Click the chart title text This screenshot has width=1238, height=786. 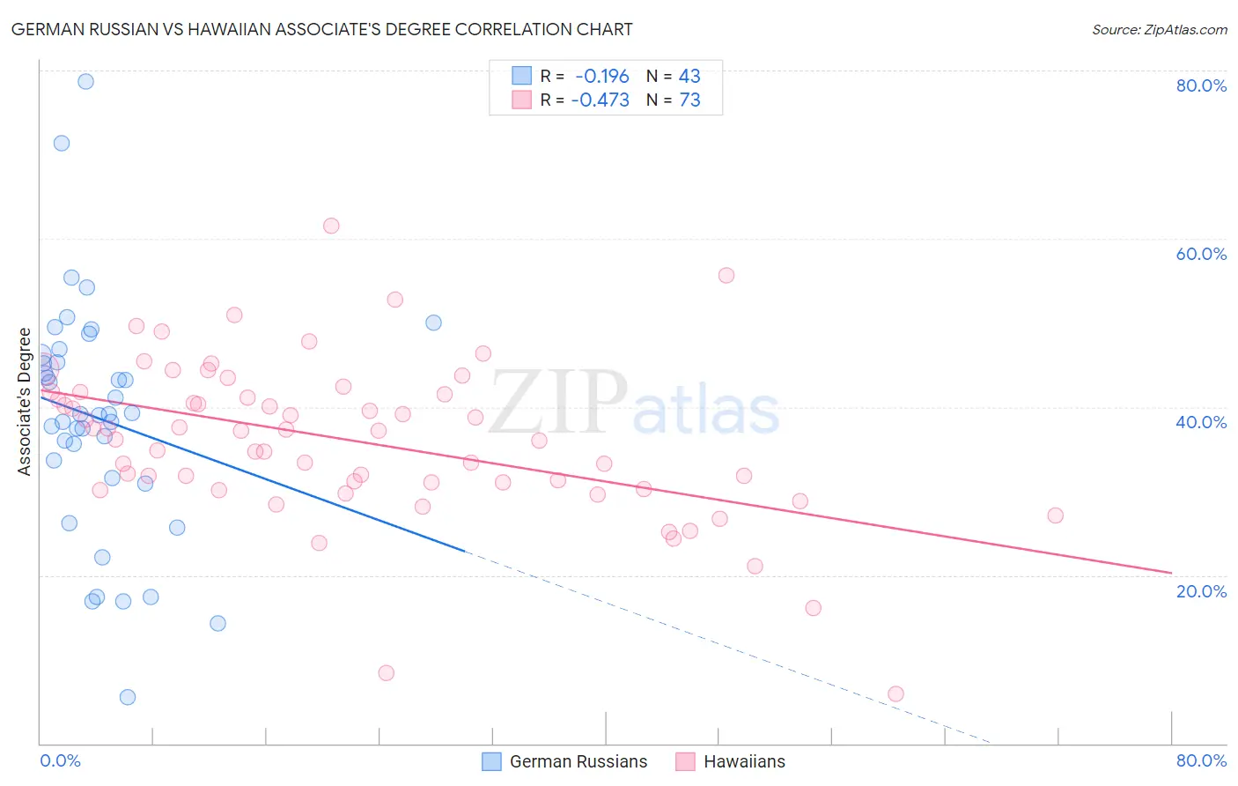tap(321, 29)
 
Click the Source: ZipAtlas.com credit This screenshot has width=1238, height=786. tap(1159, 29)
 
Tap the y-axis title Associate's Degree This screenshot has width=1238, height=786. tap(25, 401)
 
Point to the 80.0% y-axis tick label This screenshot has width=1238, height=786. tap(1201, 85)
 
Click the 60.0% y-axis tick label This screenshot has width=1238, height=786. tap(1201, 254)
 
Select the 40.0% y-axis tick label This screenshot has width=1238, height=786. tap(1201, 422)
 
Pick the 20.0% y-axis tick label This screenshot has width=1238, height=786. tap(1201, 591)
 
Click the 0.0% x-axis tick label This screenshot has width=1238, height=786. tap(60, 760)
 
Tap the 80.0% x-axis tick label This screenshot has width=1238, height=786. tap(1201, 760)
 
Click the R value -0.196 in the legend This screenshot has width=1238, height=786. tap(602, 77)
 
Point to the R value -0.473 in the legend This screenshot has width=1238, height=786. tap(601, 100)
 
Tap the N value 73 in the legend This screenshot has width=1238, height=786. tap(689, 100)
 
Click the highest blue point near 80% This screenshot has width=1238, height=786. tap(85, 81)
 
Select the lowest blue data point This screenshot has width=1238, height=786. tap(128, 697)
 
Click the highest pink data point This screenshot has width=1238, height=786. tap(331, 226)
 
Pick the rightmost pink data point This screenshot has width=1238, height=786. tap(1055, 515)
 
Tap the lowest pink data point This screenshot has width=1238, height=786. tap(895, 693)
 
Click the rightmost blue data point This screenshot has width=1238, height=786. tap(433, 323)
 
